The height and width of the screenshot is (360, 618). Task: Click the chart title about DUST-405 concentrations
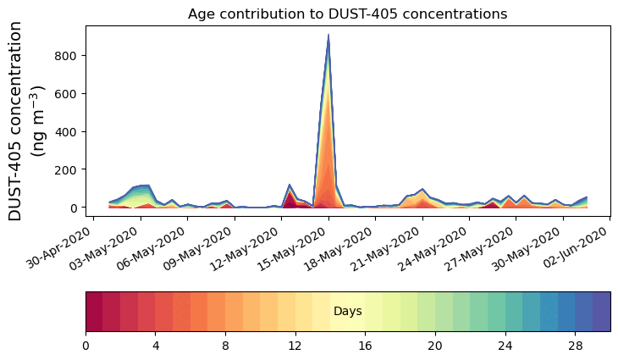tap(347, 14)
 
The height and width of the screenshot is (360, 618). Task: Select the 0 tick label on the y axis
tap(74, 208)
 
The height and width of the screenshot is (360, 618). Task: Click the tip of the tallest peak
tap(328, 35)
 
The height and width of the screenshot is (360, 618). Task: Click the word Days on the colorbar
tap(348, 312)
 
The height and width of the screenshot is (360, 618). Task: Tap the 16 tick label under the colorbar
tap(365, 346)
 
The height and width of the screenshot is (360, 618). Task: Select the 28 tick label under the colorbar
tap(575, 346)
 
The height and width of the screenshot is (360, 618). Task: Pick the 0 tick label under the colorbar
tap(86, 346)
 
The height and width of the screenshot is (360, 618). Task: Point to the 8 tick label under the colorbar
tap(225, 346)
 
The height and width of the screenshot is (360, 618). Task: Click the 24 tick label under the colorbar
tap(505, 346)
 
